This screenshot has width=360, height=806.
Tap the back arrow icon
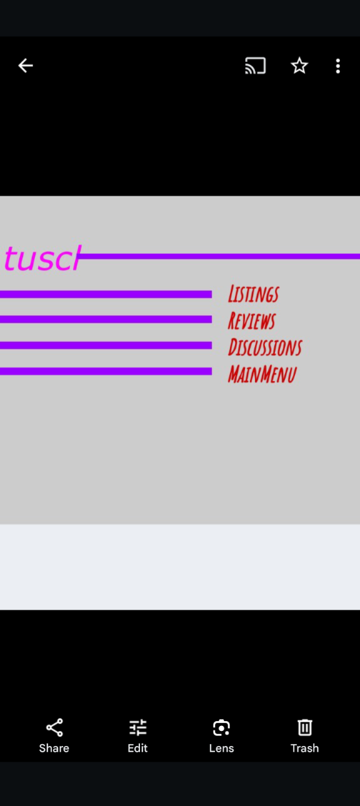(26, 66)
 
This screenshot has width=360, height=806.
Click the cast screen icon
(256, 66)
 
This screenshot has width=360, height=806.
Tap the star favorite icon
(299, 66)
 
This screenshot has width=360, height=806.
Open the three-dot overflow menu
(337, 66)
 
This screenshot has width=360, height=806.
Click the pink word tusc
(42, 258)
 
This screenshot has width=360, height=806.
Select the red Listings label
(254, 294)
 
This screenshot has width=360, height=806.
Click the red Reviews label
(252, 320)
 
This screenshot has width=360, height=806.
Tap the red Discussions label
(265, 347)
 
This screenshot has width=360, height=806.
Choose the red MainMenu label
(262, 373)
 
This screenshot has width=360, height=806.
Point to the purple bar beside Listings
(106, 295)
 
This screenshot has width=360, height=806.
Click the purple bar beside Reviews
(106, 319)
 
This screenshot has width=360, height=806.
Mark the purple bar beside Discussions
(106, 345)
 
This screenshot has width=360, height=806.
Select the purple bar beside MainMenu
(106, 371)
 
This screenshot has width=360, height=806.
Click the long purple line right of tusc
(219, 256)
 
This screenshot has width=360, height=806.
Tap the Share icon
(54, 728)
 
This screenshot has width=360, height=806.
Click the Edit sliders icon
(137, 728)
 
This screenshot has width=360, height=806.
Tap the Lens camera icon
(221, 728)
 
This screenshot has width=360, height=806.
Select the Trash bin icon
(304, 728)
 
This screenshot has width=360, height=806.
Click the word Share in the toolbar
(54, 748)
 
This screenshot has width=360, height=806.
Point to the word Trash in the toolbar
(304, 748)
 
